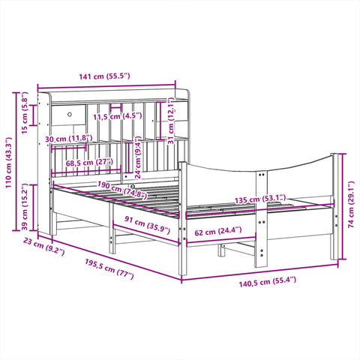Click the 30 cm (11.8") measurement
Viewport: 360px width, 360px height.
(x=69, y=139)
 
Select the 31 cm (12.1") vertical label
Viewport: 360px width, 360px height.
(x=172, y=123)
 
